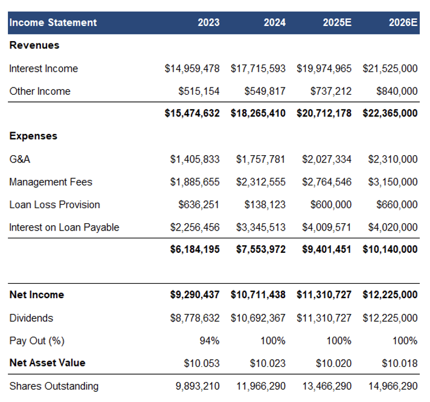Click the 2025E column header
pyautogui.click(x=337, y=22)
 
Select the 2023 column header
pyautogui.click(x=209, y=22)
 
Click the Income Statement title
pyautogui.click(x=53, y=22)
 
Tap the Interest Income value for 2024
pyautogui.click(x=258, y=68)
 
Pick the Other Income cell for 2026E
pyautogui.click(x=397, y=91)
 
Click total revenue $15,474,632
pyautogui.click(x=192, y=113)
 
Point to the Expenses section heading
pyautogui.click(x=33, y=136)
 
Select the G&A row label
pyautogui.click(x=20, y=159)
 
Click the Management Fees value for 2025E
pyautogui.click(x=327, y=182)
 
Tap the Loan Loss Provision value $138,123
pyautogui.click(x=265, y=205)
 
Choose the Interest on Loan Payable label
pyautogui.click(x=64, y=228)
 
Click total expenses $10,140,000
pyautogui.click(x=390, y=249)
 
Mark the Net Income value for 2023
pyautogui.click(x=194, y=295)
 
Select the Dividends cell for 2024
pyautogui.click(x=258, y=318)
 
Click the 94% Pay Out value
pyautogui.click(x=210, y=341)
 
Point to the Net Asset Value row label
pyautogui.click(x=48, y=363)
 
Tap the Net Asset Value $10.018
pyautogui.click(x=400, y=363)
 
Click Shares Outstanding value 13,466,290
pyautogui.click(x=327, y=386)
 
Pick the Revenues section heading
pyautogui.click(x=34, y=45)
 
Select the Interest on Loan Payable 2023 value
pyautogui.click(x=194, y=228)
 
